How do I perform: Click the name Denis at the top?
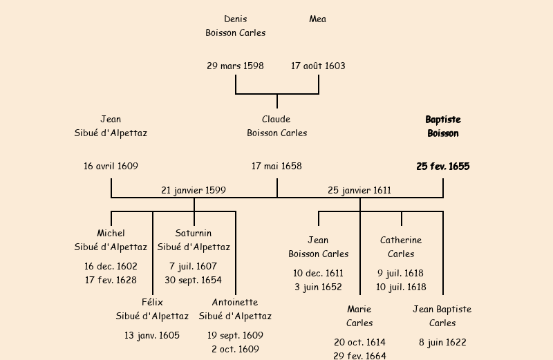pos(235,19)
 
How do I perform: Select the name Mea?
pos(318,19)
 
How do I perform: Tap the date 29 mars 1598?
pos(235,66)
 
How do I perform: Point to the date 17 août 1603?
pos(318,66)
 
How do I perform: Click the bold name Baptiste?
pos(442,120)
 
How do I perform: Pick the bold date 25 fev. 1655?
pos(442,167)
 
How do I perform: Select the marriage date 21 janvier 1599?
pos(194,189)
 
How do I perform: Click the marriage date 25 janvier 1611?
pos(359,189)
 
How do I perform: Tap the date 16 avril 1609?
pos(111,166)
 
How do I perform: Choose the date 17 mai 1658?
pos(276,166)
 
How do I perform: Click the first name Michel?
pos(111,233)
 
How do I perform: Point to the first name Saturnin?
pos(194,233)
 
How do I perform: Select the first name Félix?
pos(152,302)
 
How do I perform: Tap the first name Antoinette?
pos(235,302)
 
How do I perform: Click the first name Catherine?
pos(401,240)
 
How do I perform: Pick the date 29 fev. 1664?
pos(359,355)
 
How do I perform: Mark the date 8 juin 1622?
pos(442,342)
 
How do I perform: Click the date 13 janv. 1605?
pos(152,335)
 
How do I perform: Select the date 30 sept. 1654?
pos(194,280)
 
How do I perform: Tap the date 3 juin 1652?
pos(318,287)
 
